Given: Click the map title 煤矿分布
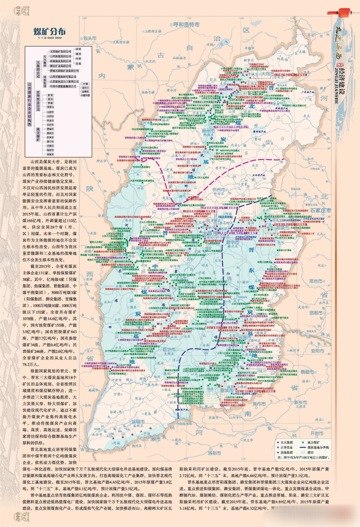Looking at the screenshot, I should click(x=49, y=32).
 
